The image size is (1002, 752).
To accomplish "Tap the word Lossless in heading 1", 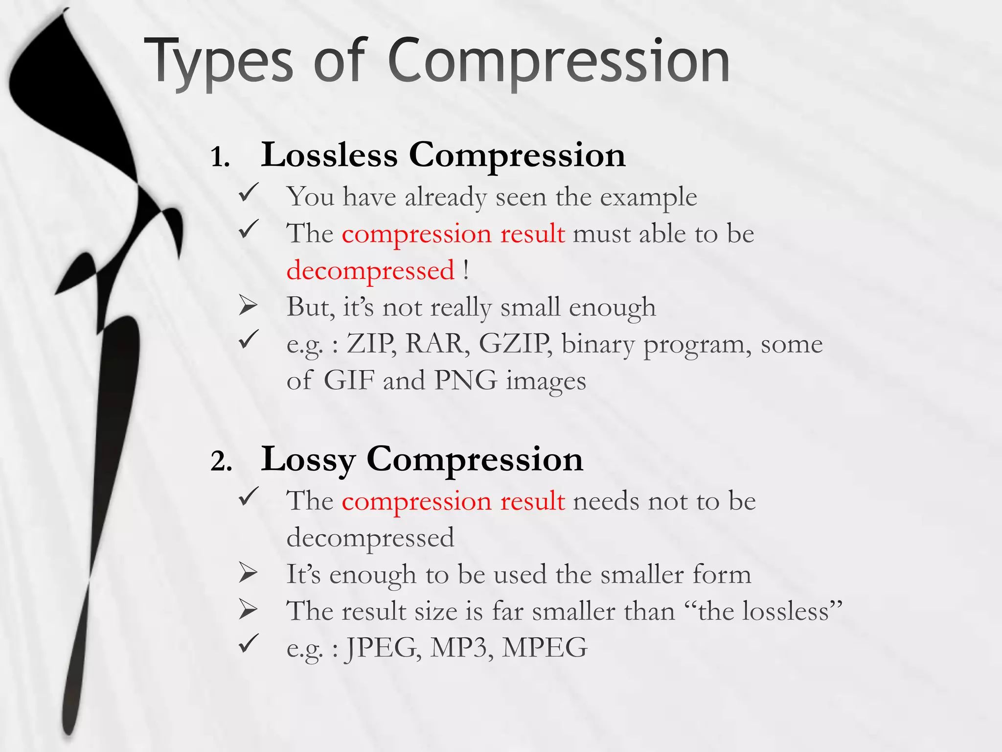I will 329,155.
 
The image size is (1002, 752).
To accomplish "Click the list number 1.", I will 220,158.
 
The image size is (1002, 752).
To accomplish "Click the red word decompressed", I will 370,271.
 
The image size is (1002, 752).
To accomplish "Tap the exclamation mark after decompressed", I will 466,270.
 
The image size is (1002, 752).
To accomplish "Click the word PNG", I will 465,380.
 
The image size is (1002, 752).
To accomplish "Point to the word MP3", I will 461,648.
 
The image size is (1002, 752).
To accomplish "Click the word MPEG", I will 545,648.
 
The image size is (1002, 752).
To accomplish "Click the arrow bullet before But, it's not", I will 248,306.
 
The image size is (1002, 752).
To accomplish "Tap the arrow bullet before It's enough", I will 248,573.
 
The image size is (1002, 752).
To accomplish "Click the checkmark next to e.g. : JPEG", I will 248,644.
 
